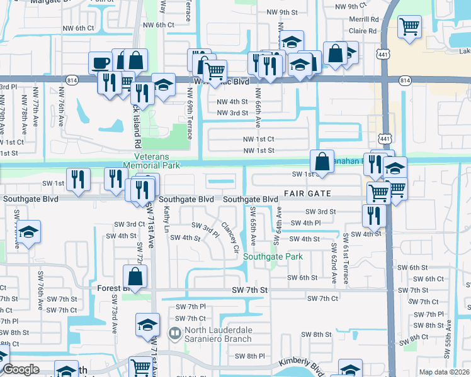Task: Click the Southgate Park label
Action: pyautogui.click(x=273, y=257)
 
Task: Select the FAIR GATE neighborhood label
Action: pyautogui.click(x=308, y=194)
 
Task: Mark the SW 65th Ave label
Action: pyautogui.click(x=253, y=224)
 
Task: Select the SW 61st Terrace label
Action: pyautogui.click(x=346, y=258)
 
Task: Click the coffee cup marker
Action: pyautogui.click(x=100, y=63)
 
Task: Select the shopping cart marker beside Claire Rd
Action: pyautogui.click(x=410, y=28)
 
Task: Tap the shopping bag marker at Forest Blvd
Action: pyautogui.click(x=135, y=276)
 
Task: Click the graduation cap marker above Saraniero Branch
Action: pyautogui.click(x=147, y=325)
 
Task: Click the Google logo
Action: pyautogui.click(x=21, y=369)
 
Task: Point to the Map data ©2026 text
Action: pyautogui.click(x=443, y=371)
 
